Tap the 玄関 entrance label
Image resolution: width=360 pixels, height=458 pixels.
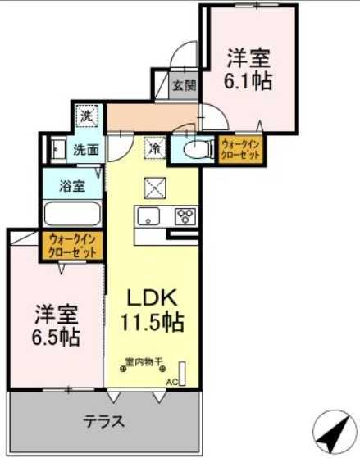point(185,84)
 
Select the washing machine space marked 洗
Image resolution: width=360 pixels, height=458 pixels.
point(86,116)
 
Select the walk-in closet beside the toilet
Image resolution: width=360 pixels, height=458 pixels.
point(239,150)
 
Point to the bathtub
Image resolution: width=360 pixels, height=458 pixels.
point(71,215)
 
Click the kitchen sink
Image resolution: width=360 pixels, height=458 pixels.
point(149,217)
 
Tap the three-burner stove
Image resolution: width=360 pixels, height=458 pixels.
point(185,217)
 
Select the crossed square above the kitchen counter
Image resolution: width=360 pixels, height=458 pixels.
point(155,187)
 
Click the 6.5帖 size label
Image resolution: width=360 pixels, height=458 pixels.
point(57,337)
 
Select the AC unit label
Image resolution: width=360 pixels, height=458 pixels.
point(172,382)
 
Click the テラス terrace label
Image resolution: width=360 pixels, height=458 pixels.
point(104,422)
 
